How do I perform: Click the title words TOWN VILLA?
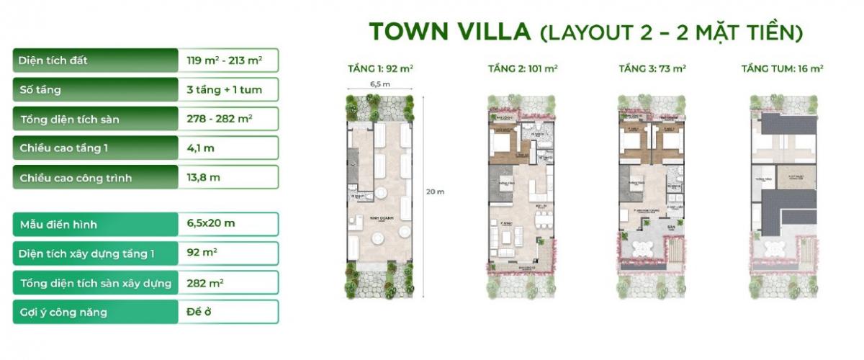click(x=450, y=32)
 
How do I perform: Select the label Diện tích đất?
click(x=54, y=60)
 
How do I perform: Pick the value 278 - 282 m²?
click(x=219, y=119)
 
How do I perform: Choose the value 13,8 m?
click(x=203, y=177)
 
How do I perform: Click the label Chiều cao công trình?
click(x=76, y=178)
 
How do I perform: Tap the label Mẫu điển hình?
click(x=58, y=225)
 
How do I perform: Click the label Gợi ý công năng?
click(x=64, y=312)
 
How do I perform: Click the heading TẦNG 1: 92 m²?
click(x=379, y=69)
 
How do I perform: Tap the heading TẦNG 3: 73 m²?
click(x=652, y=69)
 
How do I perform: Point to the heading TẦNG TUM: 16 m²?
click(x=782, y=69)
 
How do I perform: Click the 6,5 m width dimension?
click(x=379, y=84)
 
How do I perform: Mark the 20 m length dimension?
click(x=436, y=192)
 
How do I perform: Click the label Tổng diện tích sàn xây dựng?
click(x=96, y=283)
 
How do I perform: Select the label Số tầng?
click(x=40, y=90)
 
